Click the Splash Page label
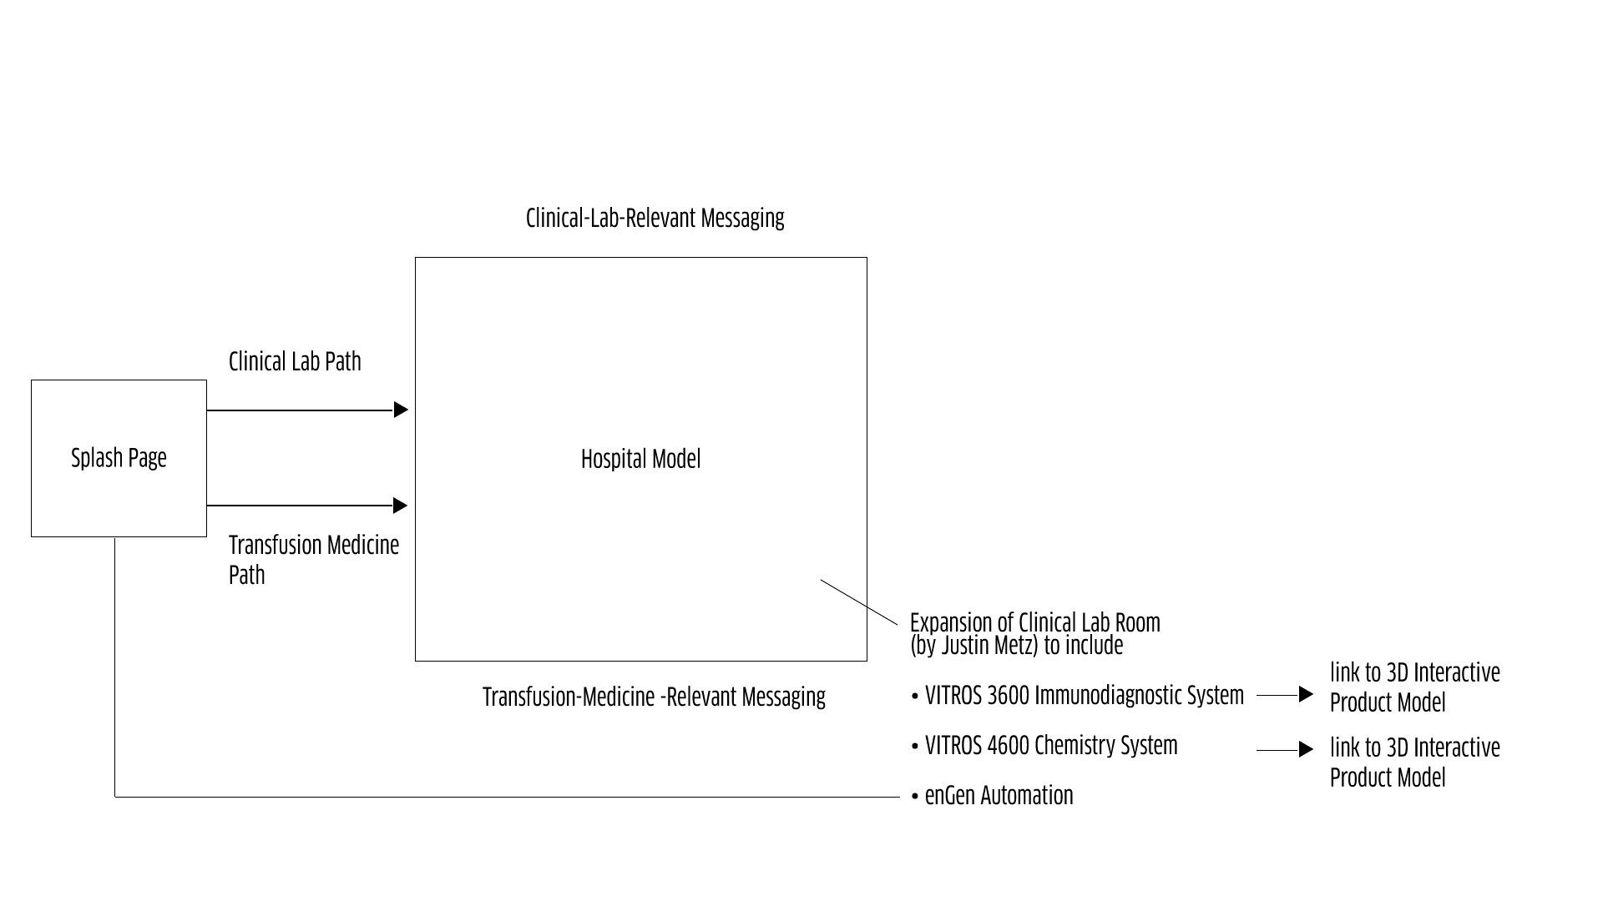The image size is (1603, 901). [x=119, y=458]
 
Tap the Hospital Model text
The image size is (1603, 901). [x=640, y=459]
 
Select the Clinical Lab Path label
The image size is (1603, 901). [x=295, y=361]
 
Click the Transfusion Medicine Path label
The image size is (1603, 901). [x=313, y=559]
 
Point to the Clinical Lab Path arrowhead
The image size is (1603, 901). [x=401, y=410]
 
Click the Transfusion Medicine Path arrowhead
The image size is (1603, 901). [x=401, y=506]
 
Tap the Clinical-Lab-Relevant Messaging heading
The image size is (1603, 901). [x=655, y=218]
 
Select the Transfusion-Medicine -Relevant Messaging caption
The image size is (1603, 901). [x=654, y=697]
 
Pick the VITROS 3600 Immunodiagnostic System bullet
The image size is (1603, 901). [x=1084, y=695]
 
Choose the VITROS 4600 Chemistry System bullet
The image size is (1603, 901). [x=1050, y=745]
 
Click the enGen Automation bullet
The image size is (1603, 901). [x=999, y=795]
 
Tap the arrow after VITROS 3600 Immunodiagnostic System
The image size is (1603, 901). [x=1286, y=694]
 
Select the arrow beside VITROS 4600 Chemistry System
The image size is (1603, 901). [x=1286, y=750]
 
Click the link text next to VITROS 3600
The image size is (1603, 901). [x=1414, y=687]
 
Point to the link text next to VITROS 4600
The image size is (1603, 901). [x=1414, y=762]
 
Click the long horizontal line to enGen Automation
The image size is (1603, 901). [x=501, y=797]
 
